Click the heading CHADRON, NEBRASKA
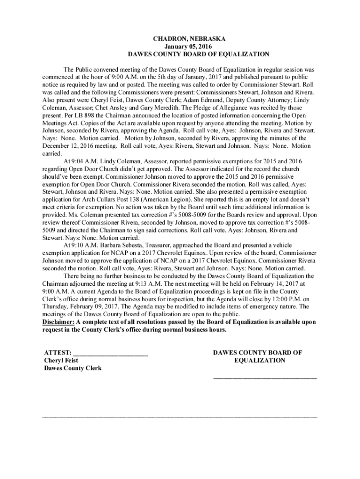pos(180,39)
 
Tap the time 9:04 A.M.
pos(78,161)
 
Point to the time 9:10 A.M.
pos(78,245)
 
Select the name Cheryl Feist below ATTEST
pos(61,361)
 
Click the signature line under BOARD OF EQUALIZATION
pos(265,377)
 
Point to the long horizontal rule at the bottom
pos(180,416)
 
